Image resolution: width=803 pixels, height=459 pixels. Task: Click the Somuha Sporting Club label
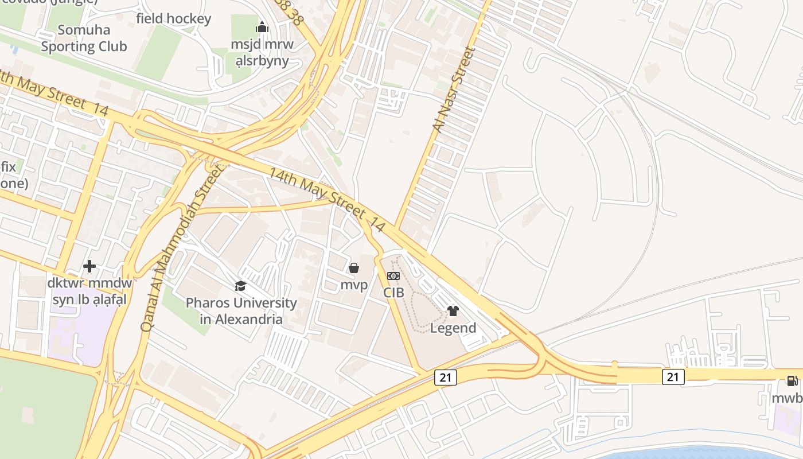[x=84, y=38]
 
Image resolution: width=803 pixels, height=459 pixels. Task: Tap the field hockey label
[x=173, y=18]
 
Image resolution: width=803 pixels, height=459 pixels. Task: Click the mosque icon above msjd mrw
[x=262, y=27]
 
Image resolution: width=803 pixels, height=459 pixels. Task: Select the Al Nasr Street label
[x=453, y=91]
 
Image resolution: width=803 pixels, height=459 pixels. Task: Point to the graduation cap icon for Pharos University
[x=240, y=286]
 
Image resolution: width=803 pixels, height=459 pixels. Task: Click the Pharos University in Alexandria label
[x=241, y=310]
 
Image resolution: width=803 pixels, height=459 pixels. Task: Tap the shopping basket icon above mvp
[x=354, y=268]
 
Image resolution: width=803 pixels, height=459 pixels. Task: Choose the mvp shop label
[x=354, y=285]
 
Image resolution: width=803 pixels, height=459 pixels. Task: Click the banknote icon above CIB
[x=393, y=276]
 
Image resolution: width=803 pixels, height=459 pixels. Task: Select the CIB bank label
[x=393, y=293]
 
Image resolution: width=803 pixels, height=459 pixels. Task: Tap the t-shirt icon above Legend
[x=453, y=311]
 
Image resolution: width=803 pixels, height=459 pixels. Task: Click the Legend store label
[x=453, y=328]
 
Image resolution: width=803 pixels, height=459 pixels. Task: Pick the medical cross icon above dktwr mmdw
[x=89, y=266]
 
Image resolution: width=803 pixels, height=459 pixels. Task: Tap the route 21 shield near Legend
[x=445, y=377]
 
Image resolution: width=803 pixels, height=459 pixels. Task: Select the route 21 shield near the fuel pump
[x=673, y=377]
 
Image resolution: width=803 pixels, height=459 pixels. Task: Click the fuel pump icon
[x=792, y=381]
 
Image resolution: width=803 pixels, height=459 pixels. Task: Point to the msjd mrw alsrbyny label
[x=262, y=52]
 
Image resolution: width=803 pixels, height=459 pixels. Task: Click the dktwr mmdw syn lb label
[x=89, y=291]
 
